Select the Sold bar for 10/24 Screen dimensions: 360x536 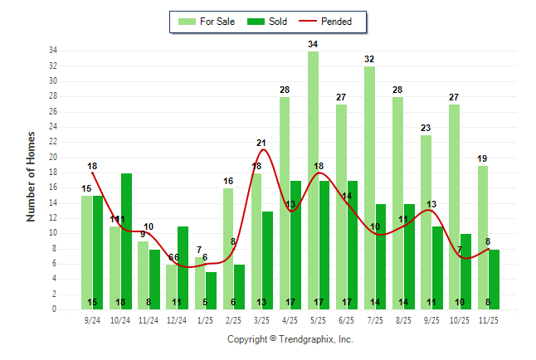tap(127, 241)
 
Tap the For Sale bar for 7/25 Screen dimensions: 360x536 tap(369, 187)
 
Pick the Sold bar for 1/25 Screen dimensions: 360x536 tap(212, 290)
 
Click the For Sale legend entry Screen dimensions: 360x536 tap(212, 22)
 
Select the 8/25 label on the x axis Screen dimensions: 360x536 tap(403, 319)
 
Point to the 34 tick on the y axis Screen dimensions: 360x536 tap(51, 51)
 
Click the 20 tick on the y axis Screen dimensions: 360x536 tap(51, 158)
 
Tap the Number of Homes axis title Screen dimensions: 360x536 tap(31, 175)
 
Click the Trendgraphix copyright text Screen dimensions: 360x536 tap(290, 339)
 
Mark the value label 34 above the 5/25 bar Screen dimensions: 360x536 tap(313, 44)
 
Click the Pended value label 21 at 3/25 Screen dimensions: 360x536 tap(261, 143)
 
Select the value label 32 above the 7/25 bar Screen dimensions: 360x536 tap(369, 59)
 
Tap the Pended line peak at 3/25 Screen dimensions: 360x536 tap(263, 150)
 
